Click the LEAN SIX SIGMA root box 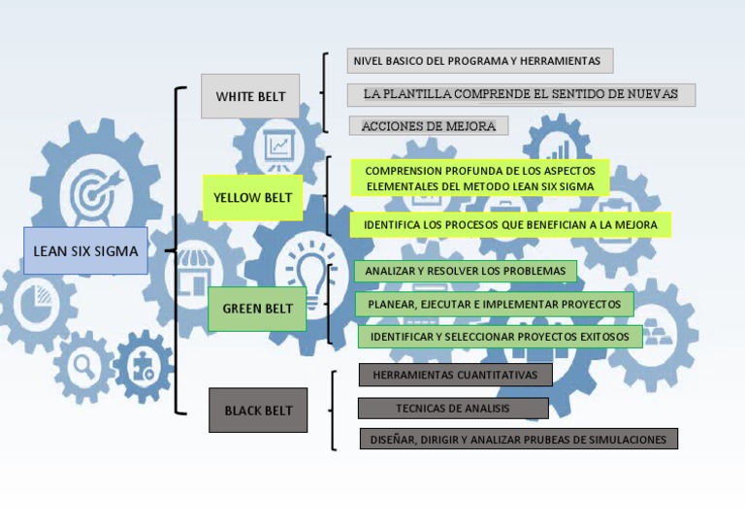click(85, 250)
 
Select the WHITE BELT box click(250, 96)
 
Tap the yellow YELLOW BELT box click(252, 197)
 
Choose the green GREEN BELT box click(257, 309)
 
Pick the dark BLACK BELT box click(258, 410)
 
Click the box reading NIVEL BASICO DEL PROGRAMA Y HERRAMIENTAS click(479, 60)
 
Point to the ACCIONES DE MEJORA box click(428, 126)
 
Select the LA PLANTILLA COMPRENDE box click(521, 94)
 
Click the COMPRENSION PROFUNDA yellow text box click(480, 178)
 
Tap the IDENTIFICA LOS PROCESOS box click(510, 225)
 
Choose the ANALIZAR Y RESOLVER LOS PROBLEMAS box click(465, 271)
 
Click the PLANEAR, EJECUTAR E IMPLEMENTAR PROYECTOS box click(494, 304)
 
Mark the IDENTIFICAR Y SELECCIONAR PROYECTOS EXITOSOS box click(500, 337)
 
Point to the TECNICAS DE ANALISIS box click(452, 408)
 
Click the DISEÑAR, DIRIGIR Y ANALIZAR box click(518, 439)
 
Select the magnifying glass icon click(84, 365)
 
